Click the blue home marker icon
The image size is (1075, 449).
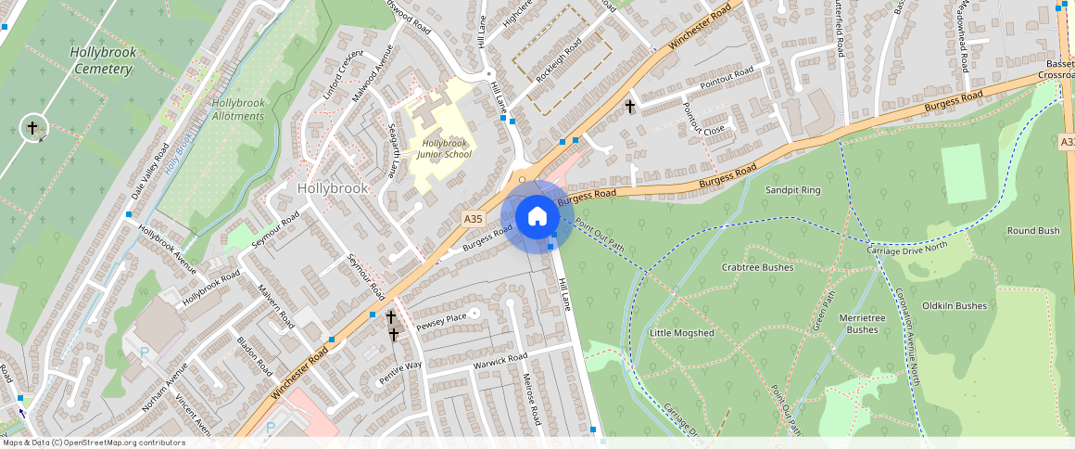pos(537,217)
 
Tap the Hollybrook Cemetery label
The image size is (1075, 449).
pos(103,60)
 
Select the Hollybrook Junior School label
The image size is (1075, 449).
pos(446,148)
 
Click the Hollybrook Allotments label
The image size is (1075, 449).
pos(238,109)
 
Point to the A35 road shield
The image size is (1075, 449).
pos(473,219)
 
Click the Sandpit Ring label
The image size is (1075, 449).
pos(792,190)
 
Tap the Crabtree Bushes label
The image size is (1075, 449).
pos(757,267)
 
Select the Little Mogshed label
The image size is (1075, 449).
pos(682,333)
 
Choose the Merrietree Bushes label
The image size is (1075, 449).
pos(862,324)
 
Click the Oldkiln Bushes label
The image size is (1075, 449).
pos(955,305)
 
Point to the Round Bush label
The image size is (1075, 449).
pos(1033,231)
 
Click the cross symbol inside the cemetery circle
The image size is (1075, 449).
pos(32,127)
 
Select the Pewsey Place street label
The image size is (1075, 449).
pos(442,322)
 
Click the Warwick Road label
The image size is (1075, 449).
pos(500,360)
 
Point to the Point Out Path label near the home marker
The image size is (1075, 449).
pos(599,232)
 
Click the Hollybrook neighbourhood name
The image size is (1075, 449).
pos(333,188)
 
